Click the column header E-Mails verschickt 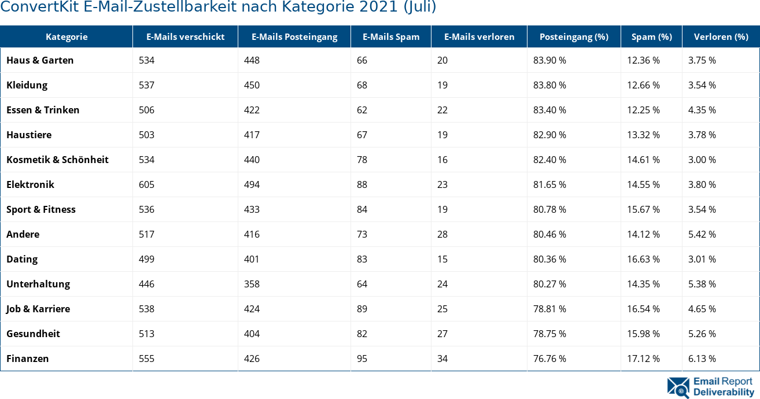(x=185, y=37)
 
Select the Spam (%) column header (x=651, y=37)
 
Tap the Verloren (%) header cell (x=721, y=37)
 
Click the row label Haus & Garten (x=40, y=60)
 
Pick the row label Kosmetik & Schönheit (x=57, y=160)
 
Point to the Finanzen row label (x=28, y=359)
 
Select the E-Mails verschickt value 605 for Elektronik (x=146, y=184)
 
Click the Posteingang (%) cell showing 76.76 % (x=549, y=359)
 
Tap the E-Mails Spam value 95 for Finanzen (x=362, y=359)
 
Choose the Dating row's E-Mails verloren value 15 (x=442, y=259)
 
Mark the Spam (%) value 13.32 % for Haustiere (x=644, y=135)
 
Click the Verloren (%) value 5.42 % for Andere (x=702, y=234)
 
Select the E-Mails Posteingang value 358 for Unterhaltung (x=252, y=284)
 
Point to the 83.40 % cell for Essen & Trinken (x=549, y=110)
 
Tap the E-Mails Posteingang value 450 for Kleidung (x=252, y=85)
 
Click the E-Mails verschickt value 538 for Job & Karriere (x=146, y=309)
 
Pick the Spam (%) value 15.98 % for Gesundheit (x=644, y=334)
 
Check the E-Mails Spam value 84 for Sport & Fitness (x=362, y=209)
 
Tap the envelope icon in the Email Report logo (x=678, y=387)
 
